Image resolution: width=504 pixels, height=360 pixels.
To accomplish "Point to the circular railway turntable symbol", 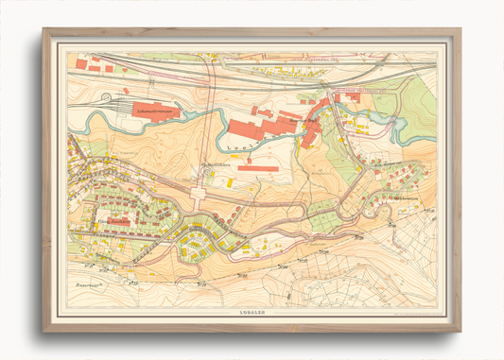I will (x=126, y=93).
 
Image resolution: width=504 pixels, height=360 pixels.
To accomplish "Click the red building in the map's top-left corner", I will (x=81, y=64).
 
